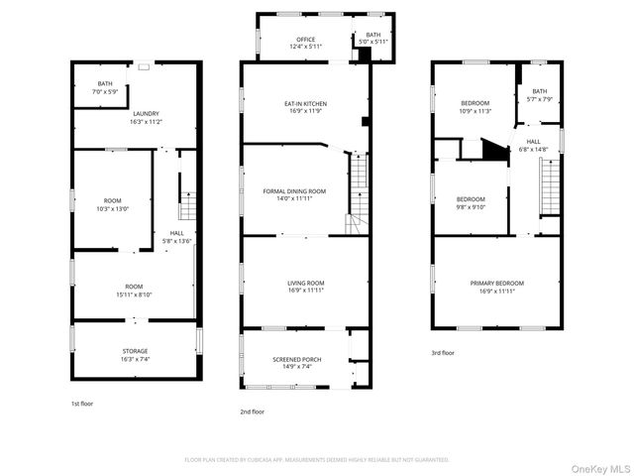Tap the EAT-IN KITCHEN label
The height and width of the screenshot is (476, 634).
pos(305,103)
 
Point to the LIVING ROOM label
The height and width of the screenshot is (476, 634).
pos(305,283)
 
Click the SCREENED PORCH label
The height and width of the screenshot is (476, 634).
pos(294,359)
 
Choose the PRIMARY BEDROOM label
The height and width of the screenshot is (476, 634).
pos(496,283)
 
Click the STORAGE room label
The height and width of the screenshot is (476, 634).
pos(136,351)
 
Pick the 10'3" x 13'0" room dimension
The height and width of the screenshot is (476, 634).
pos(112,208)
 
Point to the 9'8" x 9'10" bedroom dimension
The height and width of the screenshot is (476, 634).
pos(471,206)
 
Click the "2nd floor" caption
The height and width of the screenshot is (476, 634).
pos(252,411)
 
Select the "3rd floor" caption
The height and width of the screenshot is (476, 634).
pos(443,352)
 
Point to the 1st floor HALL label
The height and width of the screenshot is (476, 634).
pos(176,233)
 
